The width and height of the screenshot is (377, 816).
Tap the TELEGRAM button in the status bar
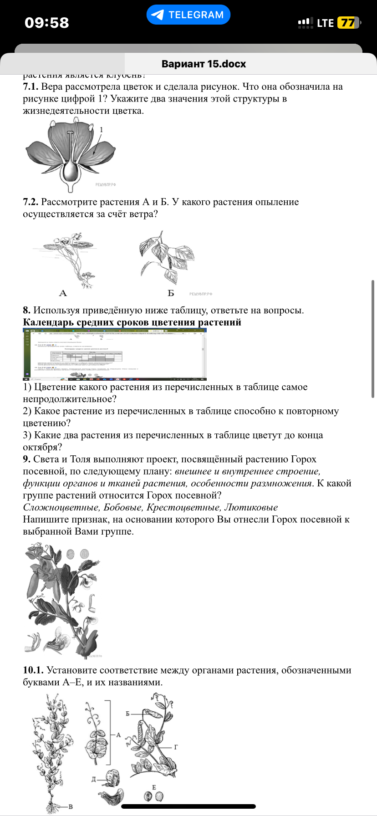pos(188,15)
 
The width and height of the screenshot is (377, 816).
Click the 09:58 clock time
pos(47,23)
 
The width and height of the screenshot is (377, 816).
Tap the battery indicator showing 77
pos(348,23)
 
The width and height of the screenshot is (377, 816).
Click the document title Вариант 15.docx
pos(204,64)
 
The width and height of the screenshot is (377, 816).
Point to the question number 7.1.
pos(31,87)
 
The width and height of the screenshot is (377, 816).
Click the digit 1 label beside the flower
pos(101,130)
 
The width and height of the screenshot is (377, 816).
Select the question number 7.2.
pos(31,202)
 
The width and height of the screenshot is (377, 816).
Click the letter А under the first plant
pos(63,293)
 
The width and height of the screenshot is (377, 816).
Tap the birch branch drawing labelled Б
pos(166,257)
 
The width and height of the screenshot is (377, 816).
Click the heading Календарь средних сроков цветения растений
pos(132,322)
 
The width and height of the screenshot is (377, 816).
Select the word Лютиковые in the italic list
pos(251,507)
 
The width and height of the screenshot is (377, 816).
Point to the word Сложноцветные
pos(61,507)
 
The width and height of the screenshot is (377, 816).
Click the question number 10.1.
pos(33,670)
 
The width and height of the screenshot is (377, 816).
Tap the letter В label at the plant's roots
pos(71,807)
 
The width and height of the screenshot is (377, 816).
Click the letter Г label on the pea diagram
pos(176,747)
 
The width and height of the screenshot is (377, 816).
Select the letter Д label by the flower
pos(94,779)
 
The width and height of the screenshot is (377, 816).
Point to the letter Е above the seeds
pos(154,787)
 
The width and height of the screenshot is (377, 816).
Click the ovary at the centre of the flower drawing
pos(71,171)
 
